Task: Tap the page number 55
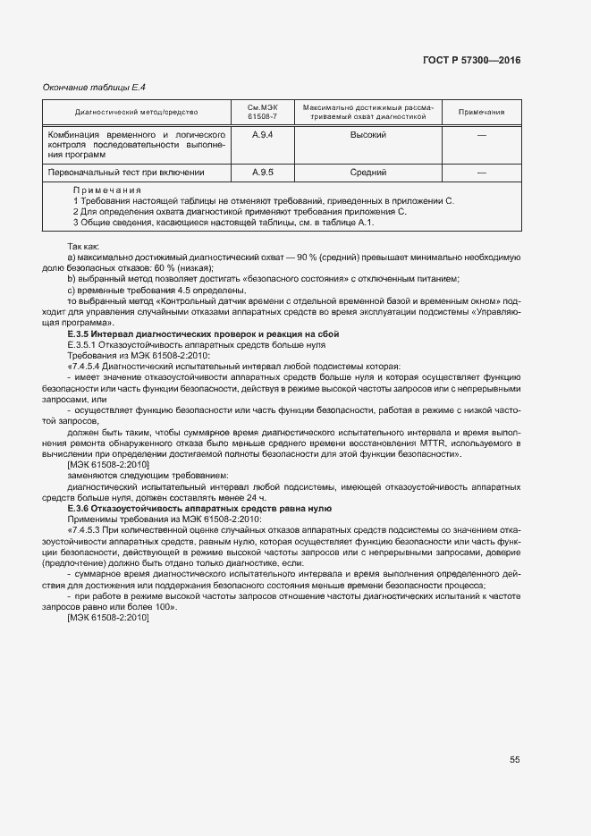point(515,759)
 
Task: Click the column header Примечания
point(481,113)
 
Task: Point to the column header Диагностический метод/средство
point(137,113)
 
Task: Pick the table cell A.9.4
point(262,134)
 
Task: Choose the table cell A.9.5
point(262,172)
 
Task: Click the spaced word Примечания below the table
point(106,190)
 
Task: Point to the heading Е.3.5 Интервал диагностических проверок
point(203,334)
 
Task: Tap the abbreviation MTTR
point(436,443)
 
